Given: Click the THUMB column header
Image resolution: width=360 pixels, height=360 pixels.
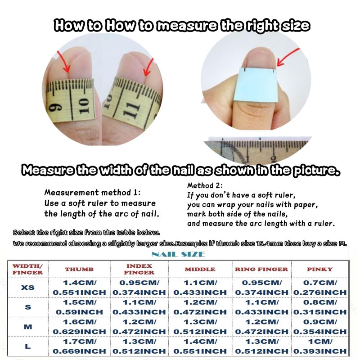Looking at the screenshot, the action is pyautogui.click(x=79, y=269).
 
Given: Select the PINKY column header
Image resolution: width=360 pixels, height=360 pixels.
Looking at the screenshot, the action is pyautogui.click(x=320, y=269).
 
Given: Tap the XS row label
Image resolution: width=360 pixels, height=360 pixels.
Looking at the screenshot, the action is pyautogui.click(x=28, y=288).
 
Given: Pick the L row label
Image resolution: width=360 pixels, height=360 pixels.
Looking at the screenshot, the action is pyautogui.click(x=28, y=346).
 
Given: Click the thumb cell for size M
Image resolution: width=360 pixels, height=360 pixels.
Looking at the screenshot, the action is pyautogui.click(x=80, y=327).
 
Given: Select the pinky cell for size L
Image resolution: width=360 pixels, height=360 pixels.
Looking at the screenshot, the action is pyautogui.click(x=320, y=346).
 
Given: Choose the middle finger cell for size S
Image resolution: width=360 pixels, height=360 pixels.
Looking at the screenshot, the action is pyautogui.click(x=200, y=307).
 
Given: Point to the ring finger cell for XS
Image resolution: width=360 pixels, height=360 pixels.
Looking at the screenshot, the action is pyautogui.click(x=262, y=288).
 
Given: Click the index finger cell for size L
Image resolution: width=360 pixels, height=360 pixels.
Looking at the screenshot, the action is pyautogui.click(x=139, y=346).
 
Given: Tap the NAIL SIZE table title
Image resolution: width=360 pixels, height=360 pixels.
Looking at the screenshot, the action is pyautogui.click(x=178, y=254).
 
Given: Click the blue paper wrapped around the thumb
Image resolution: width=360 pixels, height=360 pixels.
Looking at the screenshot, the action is pyautogui.click(x=255, y=85).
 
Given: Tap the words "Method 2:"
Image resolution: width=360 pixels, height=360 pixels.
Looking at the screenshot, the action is pyautogui.click(x=205, y=185).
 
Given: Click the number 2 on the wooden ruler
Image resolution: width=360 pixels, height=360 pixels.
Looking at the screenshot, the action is pyautogui.click(x=273, y=159).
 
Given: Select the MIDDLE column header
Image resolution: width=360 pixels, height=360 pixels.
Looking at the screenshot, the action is pyautogui.click(x=200, y=269).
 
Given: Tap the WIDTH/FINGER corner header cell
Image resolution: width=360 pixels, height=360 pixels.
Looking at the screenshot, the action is pyautogui.click(x=27, y=269).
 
